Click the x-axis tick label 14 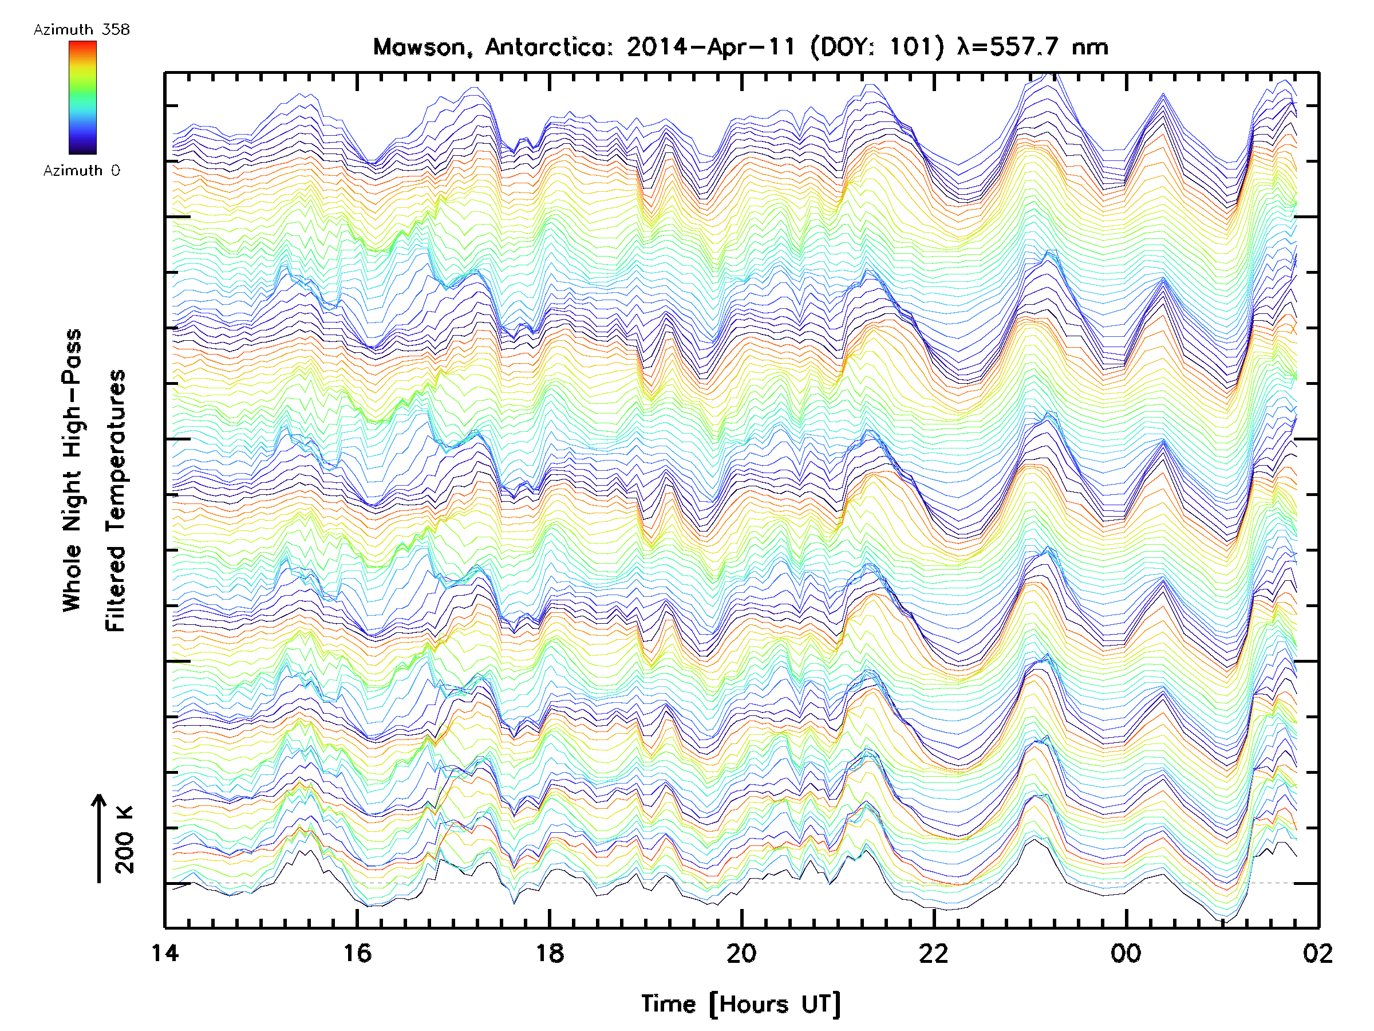[165, 953]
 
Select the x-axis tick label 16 [357, 953]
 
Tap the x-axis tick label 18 [550, 953]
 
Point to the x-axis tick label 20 [741, 953]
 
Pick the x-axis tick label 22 [934, 953]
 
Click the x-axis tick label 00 [1126, 953]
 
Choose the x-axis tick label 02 [1318, 953]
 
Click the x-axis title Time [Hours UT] [741, 1004]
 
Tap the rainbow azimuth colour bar [82, 97]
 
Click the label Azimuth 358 [81, 30]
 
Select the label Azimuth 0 [81, 171]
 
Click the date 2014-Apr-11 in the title [710, 47]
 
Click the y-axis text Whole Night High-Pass [72, 470]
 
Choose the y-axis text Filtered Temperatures [116, 501]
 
